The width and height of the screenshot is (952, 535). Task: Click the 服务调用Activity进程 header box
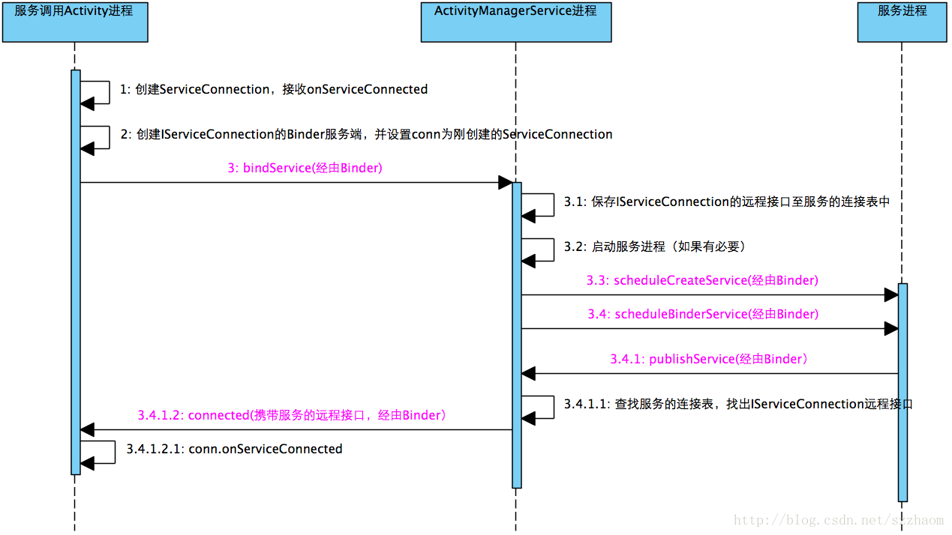point(75,22)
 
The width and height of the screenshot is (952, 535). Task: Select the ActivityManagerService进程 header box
point(516,22)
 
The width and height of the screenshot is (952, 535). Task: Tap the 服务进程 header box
point(902,22)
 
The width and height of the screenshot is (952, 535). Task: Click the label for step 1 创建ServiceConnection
point(274,90)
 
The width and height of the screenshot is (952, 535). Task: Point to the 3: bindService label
point(305,168)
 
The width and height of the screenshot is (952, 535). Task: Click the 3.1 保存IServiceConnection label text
point(726,202)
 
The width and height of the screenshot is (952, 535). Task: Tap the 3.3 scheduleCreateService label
point(702,281)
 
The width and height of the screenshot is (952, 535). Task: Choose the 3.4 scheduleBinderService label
point(703,315)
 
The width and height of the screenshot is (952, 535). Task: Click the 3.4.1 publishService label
point(709,360)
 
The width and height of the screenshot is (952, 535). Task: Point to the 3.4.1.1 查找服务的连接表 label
point(738,405)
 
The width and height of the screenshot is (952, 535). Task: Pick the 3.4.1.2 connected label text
point(293,415)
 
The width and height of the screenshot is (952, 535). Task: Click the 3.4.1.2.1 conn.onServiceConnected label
point(234,450)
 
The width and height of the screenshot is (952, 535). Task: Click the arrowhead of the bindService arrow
point(505,183)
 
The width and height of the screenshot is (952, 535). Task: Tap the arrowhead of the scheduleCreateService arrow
point(891,294)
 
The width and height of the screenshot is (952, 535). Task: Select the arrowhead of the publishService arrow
point(529,373)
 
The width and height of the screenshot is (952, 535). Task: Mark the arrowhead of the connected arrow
point(88,429)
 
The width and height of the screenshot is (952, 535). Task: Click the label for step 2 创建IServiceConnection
point(366,135)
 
